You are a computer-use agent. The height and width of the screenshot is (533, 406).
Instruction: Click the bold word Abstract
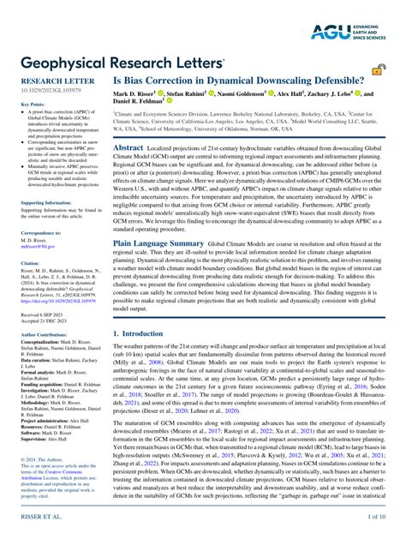[x=128, y=147]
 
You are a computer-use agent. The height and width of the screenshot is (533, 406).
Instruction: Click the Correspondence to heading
[x=40, y=232]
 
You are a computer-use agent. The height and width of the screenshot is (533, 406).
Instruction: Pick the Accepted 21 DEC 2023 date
[x=45, y=322]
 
